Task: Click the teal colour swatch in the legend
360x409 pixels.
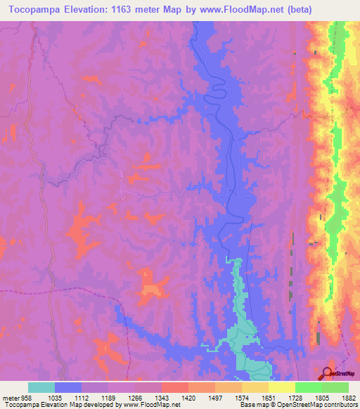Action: pyautogui.click(x=41, y=387)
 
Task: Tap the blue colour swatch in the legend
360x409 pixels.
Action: pyautogui.click(x=68, y=387)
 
